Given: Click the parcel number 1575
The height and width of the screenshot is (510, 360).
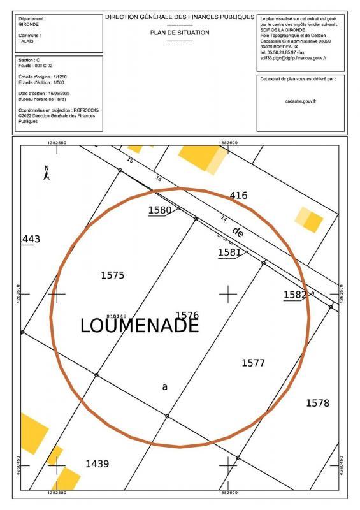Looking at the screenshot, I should [112, 275].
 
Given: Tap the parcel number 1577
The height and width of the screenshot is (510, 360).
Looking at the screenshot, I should [253, 363].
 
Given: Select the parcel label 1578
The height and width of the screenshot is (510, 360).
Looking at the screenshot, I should [317, 403].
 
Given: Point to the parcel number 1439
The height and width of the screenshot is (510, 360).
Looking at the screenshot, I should [97, 463].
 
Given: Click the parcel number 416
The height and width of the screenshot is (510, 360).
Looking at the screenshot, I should [238, 196].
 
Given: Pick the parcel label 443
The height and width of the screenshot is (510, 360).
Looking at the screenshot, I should [31, 239].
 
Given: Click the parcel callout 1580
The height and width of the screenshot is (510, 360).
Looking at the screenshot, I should [160, 210].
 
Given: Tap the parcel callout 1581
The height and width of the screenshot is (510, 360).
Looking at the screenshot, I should [229, 252].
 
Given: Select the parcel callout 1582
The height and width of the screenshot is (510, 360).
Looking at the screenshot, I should [295, 295].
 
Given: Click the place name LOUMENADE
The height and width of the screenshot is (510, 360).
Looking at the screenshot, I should [140, 325].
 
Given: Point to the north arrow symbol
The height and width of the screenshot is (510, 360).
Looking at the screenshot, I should [47, 172].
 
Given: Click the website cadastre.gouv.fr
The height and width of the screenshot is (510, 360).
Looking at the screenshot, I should [301, 101].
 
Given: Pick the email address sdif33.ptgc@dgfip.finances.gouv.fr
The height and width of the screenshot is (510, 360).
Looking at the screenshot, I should [293, 58].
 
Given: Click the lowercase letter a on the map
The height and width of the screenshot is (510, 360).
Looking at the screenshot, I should [165, 386].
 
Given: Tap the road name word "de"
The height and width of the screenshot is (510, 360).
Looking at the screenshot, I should [238, 231].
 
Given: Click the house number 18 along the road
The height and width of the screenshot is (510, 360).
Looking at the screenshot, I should [131, 161].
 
